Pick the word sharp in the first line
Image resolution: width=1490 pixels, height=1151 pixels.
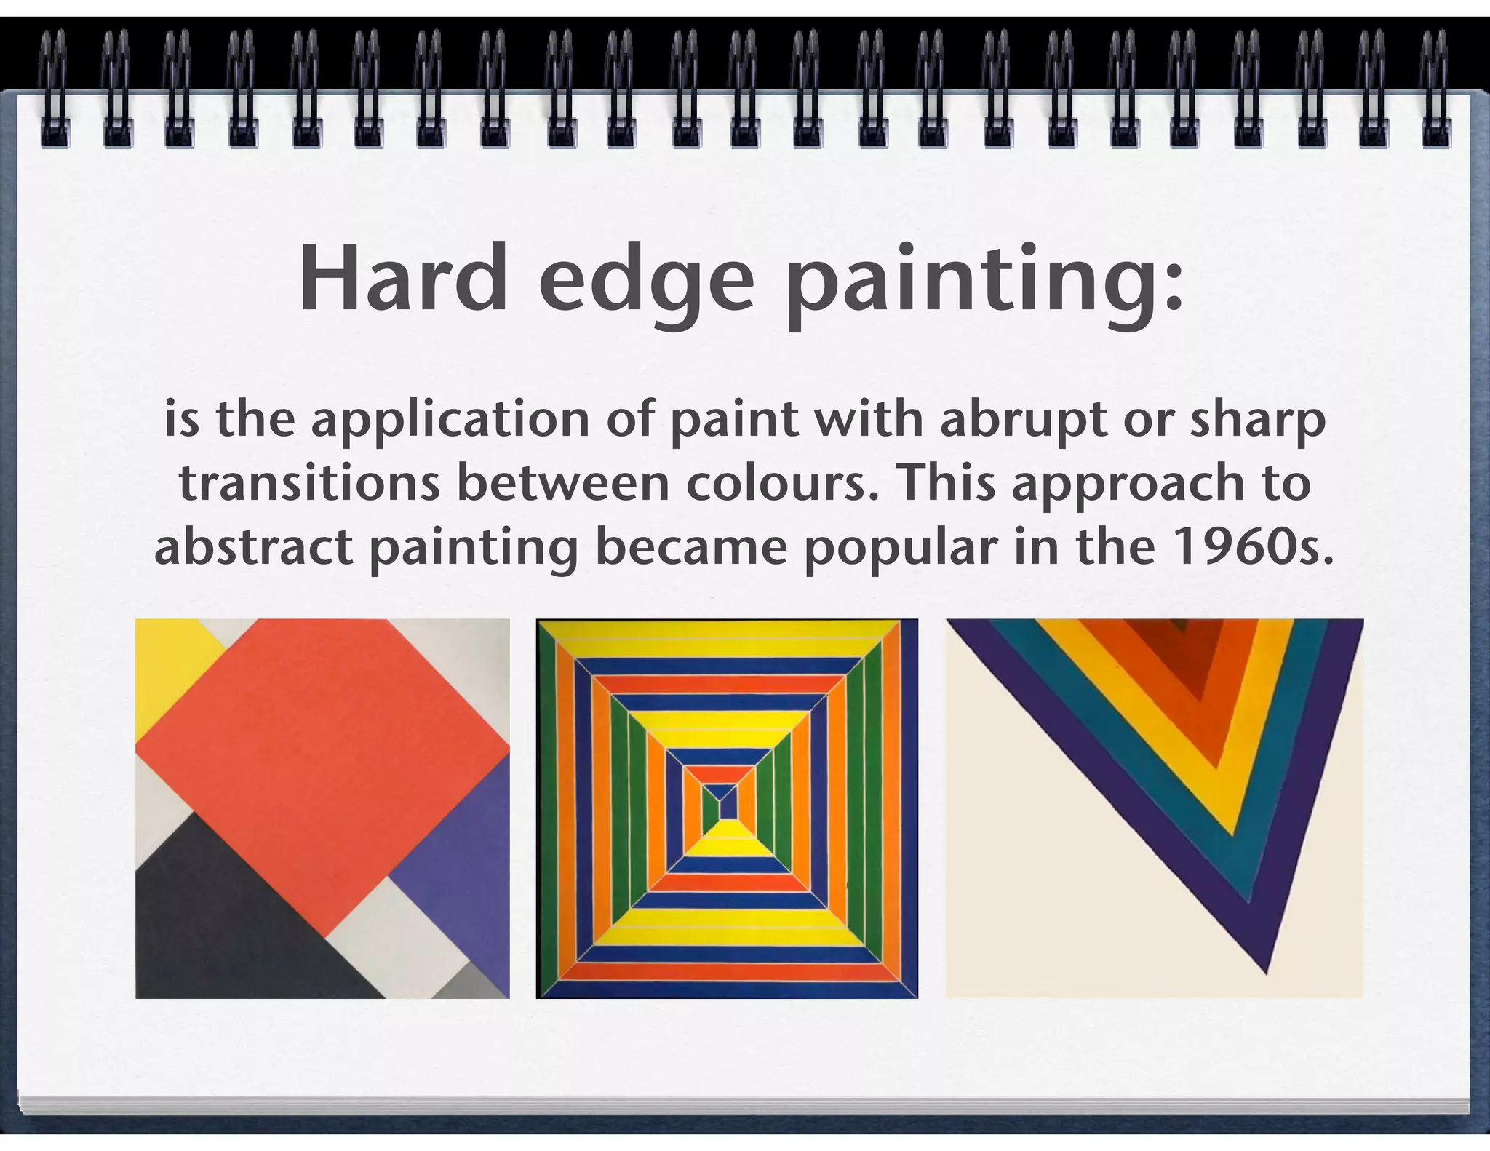pos(1257,421)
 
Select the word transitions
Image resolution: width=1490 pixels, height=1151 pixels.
pos(309,484)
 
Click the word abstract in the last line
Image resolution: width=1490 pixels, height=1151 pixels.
pos(253,546)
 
